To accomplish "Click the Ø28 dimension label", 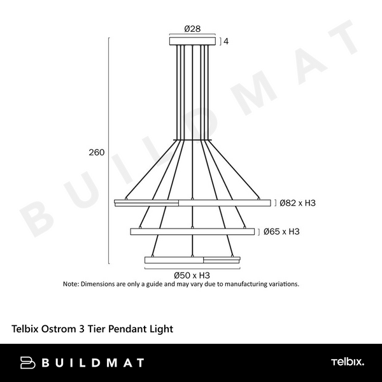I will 192,29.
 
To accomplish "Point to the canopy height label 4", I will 226,41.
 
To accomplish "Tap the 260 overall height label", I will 97,153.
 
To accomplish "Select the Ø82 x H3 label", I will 298,203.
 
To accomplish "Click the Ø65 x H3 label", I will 281,232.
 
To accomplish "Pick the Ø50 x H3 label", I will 192,275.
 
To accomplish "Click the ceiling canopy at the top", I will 193,41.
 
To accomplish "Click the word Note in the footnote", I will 70,284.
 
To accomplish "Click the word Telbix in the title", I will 26,329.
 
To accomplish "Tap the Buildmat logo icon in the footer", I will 27,363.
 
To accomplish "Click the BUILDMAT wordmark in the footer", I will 92,363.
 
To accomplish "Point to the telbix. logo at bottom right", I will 347,362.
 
